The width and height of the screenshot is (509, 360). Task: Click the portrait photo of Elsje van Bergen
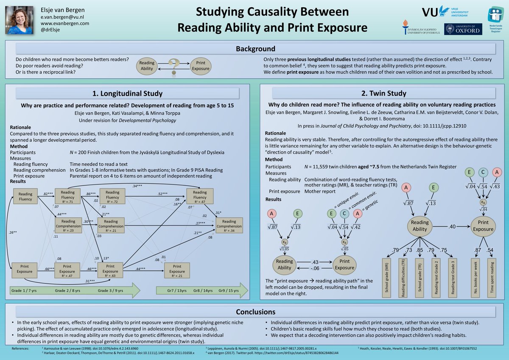(20, 20)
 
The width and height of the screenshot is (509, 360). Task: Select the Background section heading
(255, 49)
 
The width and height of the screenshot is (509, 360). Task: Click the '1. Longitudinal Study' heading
(127, 93)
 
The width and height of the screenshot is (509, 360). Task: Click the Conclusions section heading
(255, 312)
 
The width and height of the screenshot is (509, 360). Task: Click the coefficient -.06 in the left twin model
(314, 268)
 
